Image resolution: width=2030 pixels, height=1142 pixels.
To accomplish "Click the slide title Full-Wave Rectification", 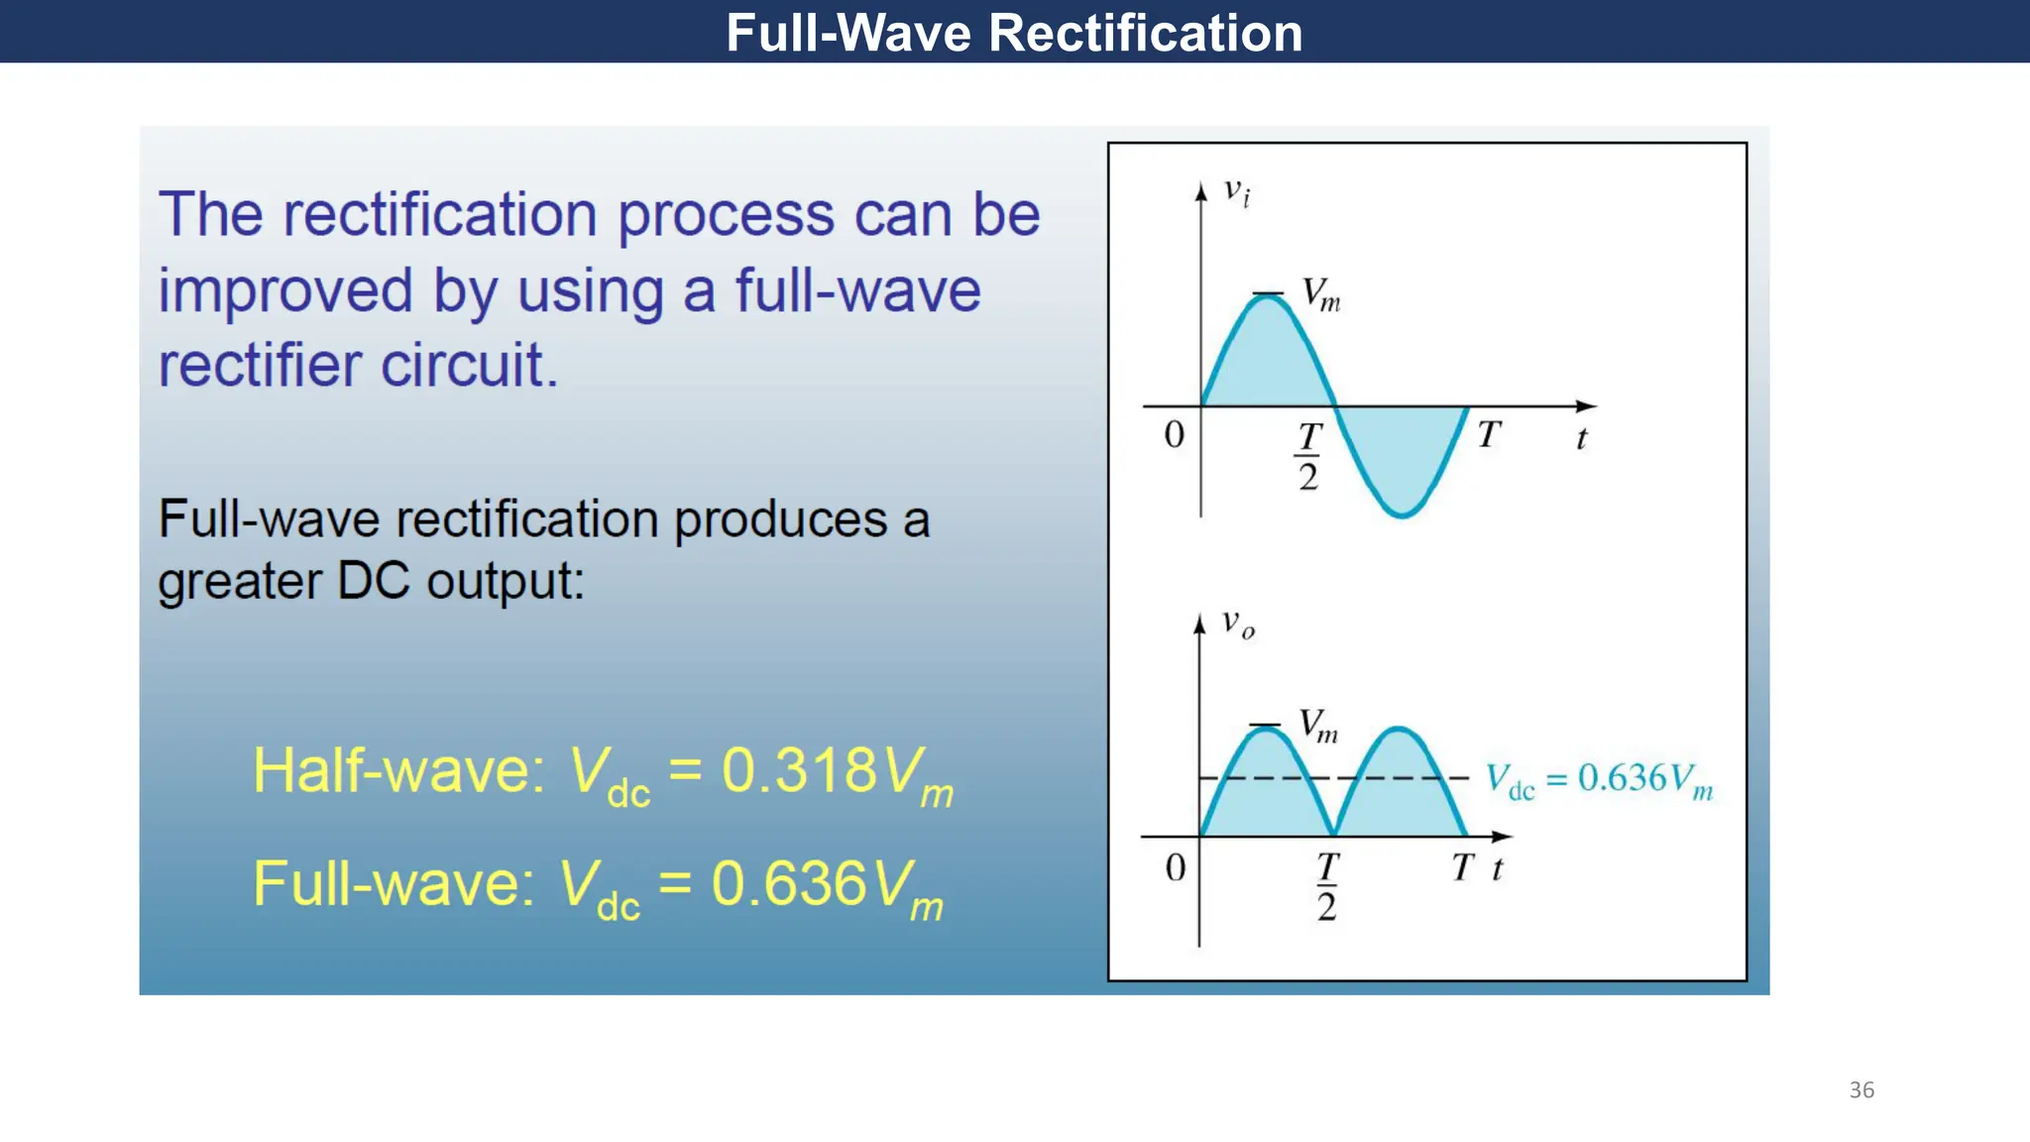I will pyautogui.click(x=1014, y=33).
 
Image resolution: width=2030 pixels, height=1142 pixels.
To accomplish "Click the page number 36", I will pyautogui.click(x=1861, y=1090).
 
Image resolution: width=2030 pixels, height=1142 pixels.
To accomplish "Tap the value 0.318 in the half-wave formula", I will pyautogui.click(x=799, y=770).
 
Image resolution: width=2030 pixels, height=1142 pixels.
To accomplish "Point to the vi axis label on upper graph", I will pyautogui.click(x=1236, y=190).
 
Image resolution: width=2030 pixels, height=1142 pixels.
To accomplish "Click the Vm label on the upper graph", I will pyautogui.click(x=1320, y=294).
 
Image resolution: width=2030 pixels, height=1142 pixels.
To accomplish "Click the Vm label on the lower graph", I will pyautogui.click(x=1318, y=727).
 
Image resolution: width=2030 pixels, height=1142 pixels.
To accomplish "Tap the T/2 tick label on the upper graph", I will pyautogui.click(x=1309, y=456).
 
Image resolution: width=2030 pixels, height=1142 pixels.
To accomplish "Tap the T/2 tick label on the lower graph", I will pyautogui.click(x=1327, y=886).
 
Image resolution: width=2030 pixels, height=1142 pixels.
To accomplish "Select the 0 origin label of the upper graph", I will pyautogui.click(x=1174, y=435).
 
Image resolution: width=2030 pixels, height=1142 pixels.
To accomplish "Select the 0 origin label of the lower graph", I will pyautogui.click(x=1175, y=868).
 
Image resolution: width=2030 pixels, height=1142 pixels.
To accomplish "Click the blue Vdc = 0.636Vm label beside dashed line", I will pyautogui.click(x=1598, y=780).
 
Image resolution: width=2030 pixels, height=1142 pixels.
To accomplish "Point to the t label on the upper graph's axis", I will pyautogui.click(x=1582, y=438).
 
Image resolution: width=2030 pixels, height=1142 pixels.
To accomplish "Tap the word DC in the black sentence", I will pyautogui.click(x=373, y=581).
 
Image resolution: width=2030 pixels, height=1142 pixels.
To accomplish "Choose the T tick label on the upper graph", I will pyautogui.click(x=1489, y=435).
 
